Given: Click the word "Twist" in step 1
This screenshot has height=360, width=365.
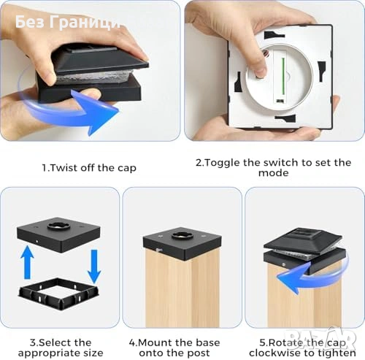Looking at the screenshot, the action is [x=61, y=168].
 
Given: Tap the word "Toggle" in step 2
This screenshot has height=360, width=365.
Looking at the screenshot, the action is [x=221, y=163].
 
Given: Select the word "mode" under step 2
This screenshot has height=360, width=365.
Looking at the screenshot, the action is [x=274, y=173].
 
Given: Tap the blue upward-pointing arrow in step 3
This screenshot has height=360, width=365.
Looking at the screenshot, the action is [x=28, y=262].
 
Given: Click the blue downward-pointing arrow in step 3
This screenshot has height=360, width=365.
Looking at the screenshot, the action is [x=94, y=267].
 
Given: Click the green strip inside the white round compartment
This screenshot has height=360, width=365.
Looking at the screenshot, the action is [x=283, y=77].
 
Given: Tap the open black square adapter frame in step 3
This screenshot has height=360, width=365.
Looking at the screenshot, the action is [x=59, y=294].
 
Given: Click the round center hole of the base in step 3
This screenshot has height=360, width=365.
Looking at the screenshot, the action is [x=58, y=226].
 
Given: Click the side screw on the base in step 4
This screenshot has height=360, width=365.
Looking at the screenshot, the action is [x=159, y=250].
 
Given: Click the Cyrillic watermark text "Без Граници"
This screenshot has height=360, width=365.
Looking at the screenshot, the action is [x=68, y=22].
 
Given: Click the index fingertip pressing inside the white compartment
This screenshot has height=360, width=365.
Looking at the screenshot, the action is [x=261, y=71].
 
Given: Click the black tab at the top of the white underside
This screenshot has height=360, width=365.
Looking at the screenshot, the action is [x=274, y=35].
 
